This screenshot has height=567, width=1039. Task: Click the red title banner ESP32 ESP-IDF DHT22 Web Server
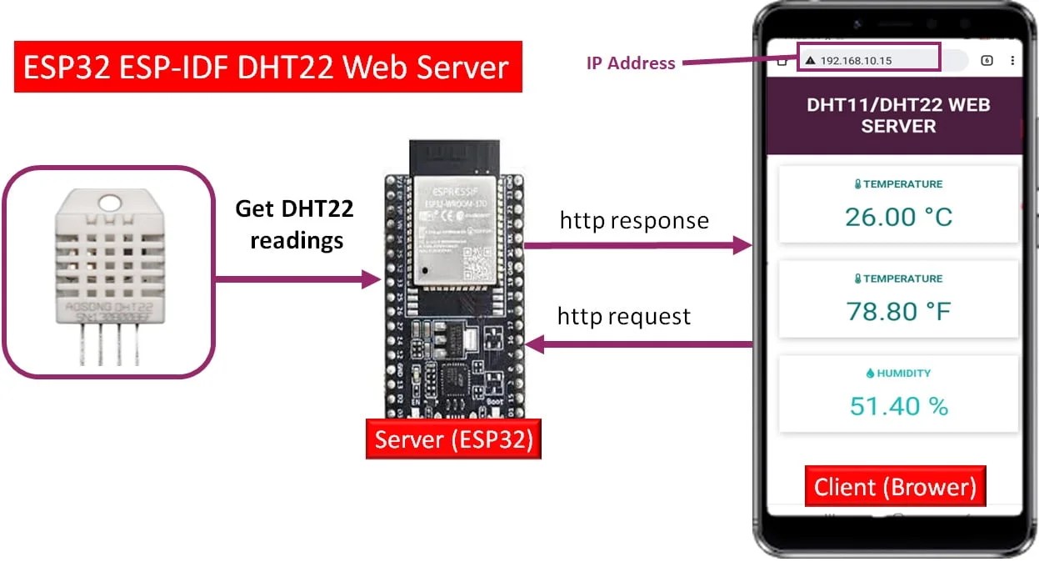pyautogui.click(x=267, y=67)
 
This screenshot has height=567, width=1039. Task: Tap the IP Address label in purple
pyautogui.click(x=631, y=63)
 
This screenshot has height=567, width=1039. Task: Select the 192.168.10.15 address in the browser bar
pyautogui.click(x=856, y=61)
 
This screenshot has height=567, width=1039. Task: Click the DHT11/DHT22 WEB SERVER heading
pyautogui.click(x=898, y=116)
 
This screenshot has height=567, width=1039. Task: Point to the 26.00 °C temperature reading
pyautogui.click(x=898, y=217)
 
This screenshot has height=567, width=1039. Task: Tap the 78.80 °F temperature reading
pyautogui.click(x=898, y=312)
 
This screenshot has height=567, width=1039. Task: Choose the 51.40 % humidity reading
pyautogui.click(x=898, y=406)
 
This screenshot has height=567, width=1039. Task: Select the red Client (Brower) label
pyautogui.click(x=895, y=487)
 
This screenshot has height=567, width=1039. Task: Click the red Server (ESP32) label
pyautogui.click(x=453, y=439)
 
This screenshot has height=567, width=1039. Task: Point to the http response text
pyautogui.click(x=634, y=221)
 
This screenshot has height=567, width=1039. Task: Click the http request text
pyautogui.click(x=623, y=317)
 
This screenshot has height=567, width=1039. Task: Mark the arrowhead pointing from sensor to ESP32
pyautogui.click(x=372, y=279)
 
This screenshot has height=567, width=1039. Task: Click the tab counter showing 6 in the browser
pyautogui.click(x=987, y=60)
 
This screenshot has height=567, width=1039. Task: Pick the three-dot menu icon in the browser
pyautogui.click(x=1012, y=60)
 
